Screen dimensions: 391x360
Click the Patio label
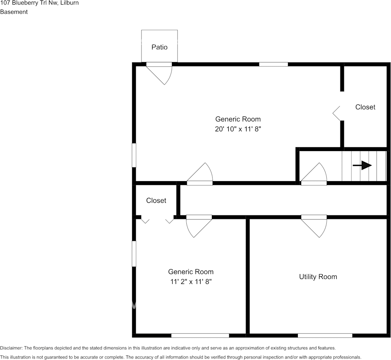point(159,47)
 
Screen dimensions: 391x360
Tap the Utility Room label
point(318,277)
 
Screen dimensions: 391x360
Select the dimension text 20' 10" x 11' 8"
point(238,129)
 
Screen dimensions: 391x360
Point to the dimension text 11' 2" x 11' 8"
point(191,282)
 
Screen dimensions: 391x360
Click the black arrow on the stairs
point(362,166)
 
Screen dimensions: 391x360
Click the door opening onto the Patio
point(159,73)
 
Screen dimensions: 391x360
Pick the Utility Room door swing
point(314,226)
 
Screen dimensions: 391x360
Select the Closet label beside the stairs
point(365,107)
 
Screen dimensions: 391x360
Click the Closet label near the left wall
point(156,201)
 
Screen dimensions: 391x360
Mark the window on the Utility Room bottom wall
point(325,336)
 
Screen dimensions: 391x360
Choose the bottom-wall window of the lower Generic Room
point(200,336)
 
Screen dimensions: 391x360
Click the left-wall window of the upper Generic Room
point(134,155)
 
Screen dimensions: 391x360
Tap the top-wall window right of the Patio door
point(273,64)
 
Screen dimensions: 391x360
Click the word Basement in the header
point(14,12)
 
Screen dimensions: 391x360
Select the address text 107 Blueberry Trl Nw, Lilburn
point(40,3)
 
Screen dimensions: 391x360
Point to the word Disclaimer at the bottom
point(11,348)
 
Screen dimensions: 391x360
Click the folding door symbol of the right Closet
point(336,113)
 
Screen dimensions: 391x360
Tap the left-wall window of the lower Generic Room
point(134,254)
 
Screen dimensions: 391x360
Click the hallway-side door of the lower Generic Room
point(199,226)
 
